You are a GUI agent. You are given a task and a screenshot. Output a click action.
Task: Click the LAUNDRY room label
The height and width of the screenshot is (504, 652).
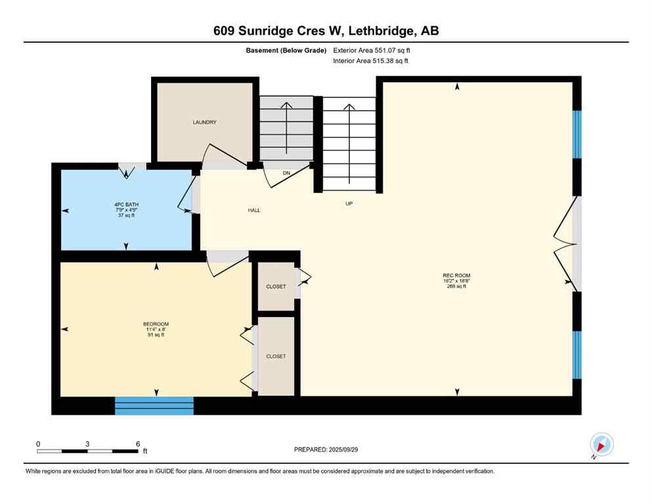point(204,122)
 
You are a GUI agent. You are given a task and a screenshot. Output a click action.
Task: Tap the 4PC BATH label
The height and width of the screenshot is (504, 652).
point(126,204)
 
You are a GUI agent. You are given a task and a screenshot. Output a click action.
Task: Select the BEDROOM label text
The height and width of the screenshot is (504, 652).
point(156,324)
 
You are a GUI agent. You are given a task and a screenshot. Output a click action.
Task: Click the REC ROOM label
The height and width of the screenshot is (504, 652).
point(456,276)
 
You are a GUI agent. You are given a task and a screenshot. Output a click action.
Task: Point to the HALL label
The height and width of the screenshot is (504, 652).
point(254,211)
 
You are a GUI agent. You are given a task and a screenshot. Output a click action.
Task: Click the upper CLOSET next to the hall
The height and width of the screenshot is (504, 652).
point(276,287)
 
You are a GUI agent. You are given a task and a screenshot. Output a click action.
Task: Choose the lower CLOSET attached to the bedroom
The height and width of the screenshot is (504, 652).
point(276,356)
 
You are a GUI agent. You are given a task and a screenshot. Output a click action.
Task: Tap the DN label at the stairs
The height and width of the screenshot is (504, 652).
point(286,173)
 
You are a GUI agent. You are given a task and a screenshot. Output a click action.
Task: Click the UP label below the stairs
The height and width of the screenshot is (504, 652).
point(349,203)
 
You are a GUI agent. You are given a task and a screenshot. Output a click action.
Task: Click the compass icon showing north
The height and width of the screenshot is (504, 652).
point(601,445)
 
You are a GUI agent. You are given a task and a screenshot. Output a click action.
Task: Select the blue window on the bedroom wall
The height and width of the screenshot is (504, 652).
point(154,406)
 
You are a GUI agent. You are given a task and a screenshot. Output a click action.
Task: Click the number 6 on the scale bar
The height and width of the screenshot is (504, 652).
point(137,444)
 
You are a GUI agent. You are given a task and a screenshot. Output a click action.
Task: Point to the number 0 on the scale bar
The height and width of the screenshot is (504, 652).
point(38,444)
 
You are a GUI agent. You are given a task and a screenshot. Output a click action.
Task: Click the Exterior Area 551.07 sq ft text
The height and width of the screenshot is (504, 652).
point(375,50)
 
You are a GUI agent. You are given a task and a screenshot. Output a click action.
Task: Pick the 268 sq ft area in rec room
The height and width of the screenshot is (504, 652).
point(456,287)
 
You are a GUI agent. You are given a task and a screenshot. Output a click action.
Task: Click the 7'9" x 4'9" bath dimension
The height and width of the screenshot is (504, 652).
point(126,210)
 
